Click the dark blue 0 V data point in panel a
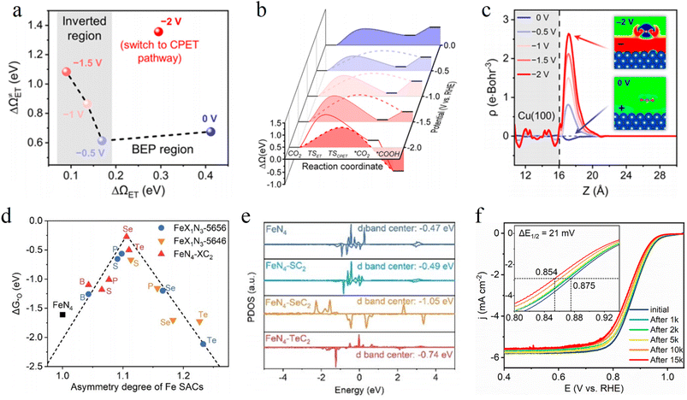(x=210, y=131)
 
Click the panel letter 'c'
(x=463, y=10)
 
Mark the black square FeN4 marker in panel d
(x=62, y=315)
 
